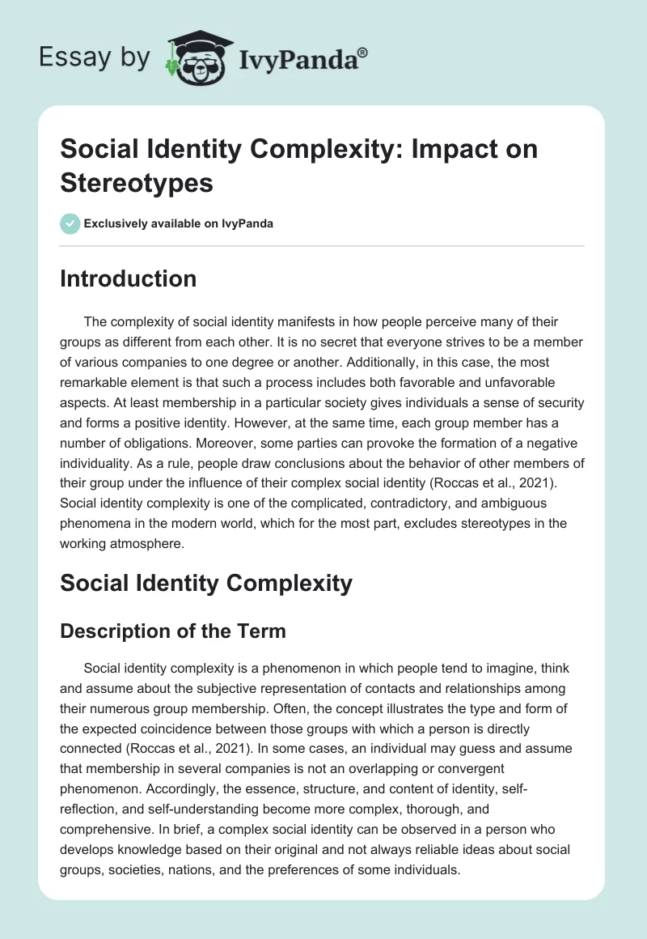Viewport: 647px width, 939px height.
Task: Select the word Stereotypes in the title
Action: tap(137, 182)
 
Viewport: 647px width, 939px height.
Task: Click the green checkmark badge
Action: tap(70, 223)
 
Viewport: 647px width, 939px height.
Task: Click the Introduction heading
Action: tap(129, 278)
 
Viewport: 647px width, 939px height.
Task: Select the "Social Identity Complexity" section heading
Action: tap(206, 582)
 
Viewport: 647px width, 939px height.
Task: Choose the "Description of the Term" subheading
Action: tap(173, 631)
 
